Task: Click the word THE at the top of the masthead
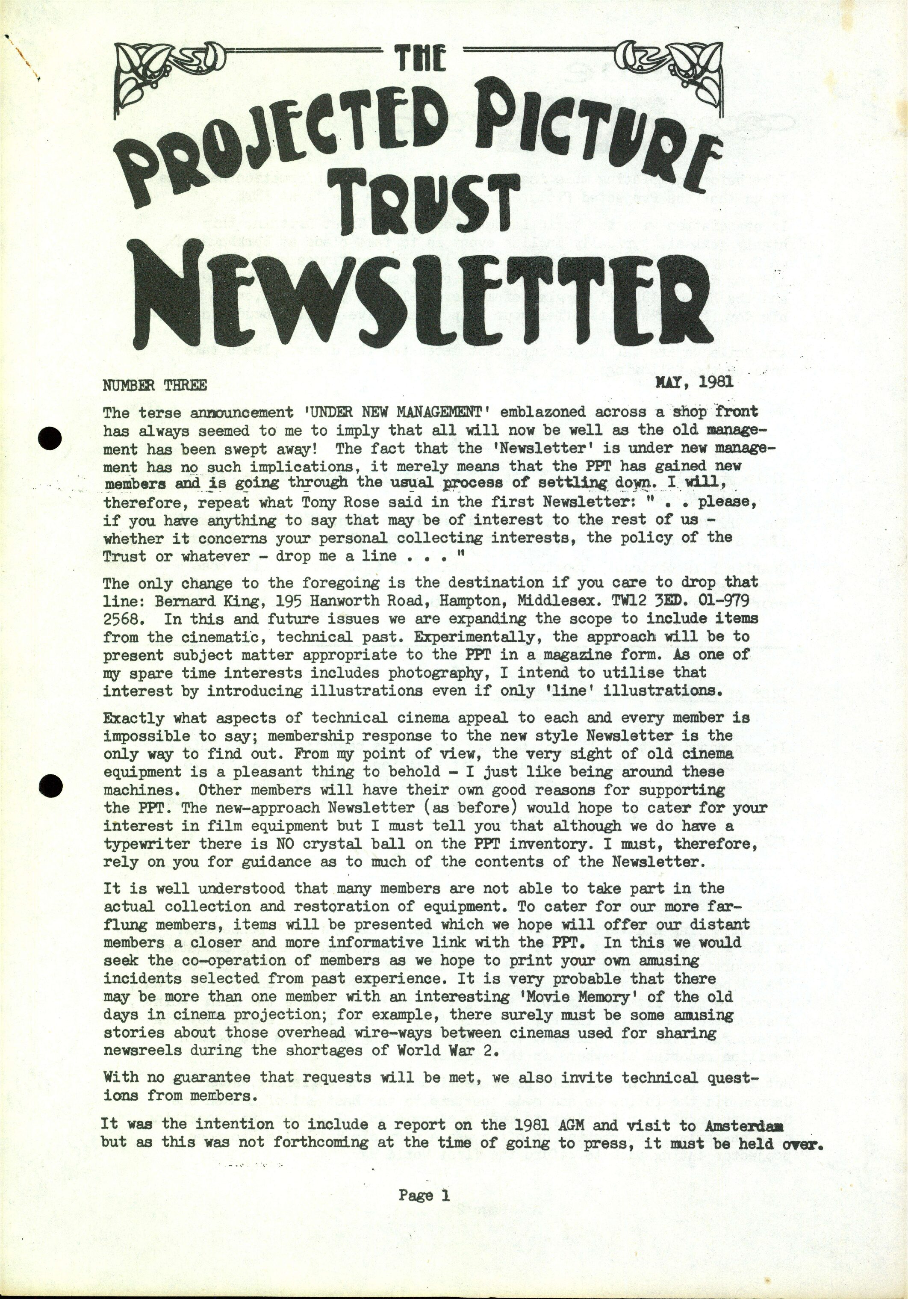point(421,59)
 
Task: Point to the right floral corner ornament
point(681,74)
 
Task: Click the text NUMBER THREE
point(154,386)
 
